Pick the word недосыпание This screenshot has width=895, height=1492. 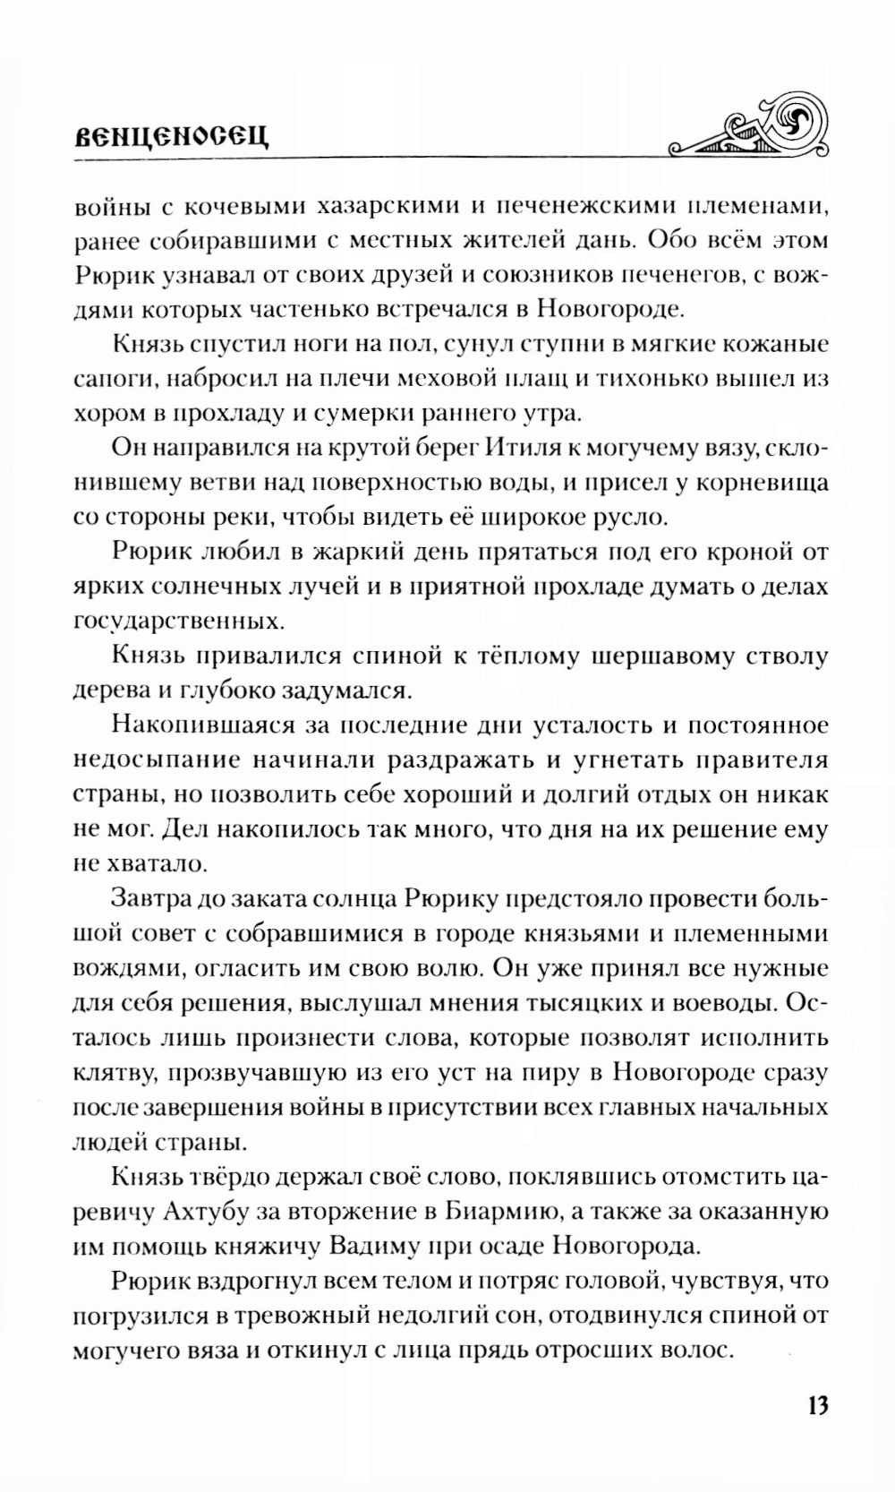[155, 760]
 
